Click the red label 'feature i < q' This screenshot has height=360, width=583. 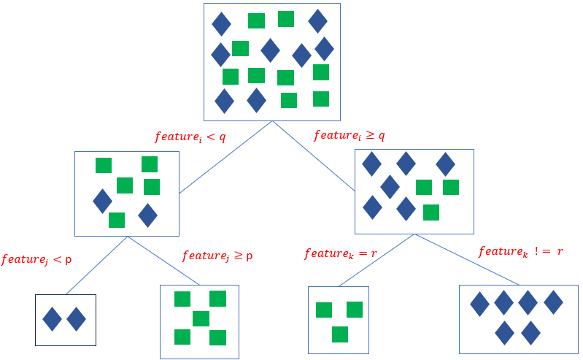(190, 137)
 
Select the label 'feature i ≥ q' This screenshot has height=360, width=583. (349, 136)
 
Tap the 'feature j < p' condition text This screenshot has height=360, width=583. (36, 259)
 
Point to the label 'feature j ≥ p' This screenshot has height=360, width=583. (217, 256)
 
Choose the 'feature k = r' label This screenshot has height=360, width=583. (340, 254)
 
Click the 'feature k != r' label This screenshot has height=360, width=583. (520, 252)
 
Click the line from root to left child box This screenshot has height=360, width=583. (225, 157)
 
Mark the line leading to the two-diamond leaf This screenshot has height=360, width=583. (96, 265)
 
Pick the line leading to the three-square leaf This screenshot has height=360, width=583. (377, 260)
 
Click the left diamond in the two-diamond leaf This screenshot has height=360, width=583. (52, 319)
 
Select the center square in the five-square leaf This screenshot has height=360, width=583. (201, 318)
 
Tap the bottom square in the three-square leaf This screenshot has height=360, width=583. (339, 334)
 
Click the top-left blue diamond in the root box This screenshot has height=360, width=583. (221, 24)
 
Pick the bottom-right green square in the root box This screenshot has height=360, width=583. (321, 99)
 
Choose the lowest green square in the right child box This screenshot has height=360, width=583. (431, 212)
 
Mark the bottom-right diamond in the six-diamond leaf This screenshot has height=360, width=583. (530, 333)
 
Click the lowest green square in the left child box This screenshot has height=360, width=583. (117, 220)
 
